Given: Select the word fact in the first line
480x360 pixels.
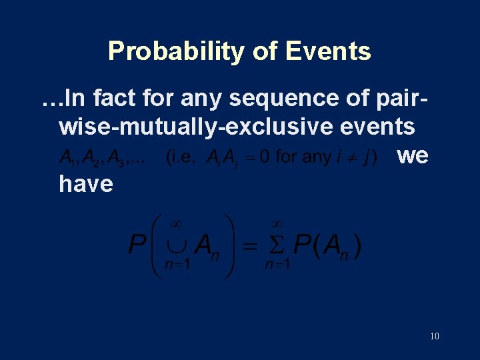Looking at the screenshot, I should pyautogui.click(x=115, y=99).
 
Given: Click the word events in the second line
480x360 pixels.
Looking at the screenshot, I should pyautogui.click(x=379, y=126).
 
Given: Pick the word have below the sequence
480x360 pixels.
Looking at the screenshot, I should pyautogui.click(x=86, y=183).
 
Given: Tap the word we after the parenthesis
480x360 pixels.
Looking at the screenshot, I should pyautogui.click(x=412, y=156).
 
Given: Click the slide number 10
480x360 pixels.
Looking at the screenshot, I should pyautogui.click(x=434, y=336).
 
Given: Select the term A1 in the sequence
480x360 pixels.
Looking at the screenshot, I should pyautogui.click(x=66, y=159).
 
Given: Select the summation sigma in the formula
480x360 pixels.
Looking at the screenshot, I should pyautogui.click(x=277, y=247).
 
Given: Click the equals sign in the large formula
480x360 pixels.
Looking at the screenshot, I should pyautogui.click(x=247, y=247).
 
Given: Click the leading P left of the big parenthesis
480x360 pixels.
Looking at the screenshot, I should pyautogui.click(x=137, y=246).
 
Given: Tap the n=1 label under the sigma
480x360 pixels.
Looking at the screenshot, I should pyautogui.click(x=277, y=265).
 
